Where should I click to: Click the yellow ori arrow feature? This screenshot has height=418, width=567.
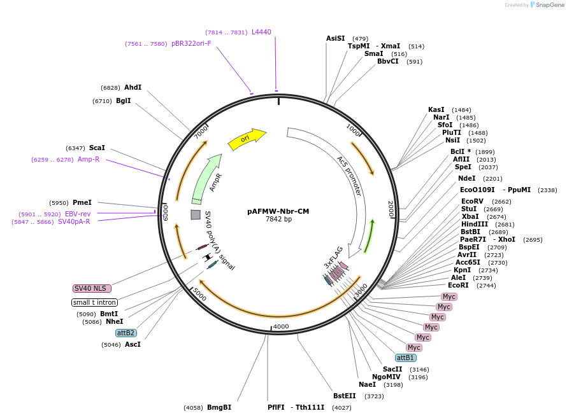click(x=247, y=139)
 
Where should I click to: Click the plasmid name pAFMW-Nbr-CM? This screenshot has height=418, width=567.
click(x=278, y=211)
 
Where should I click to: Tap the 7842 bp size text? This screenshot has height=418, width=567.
click(x=278, y=219)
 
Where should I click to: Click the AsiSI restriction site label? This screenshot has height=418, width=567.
click(x=335, y=38)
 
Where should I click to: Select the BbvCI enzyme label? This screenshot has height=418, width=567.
click(x=387, y=61)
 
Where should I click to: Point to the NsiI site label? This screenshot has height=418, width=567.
click(x=452, y=140)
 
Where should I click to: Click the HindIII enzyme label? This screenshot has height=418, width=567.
click(x=475, y=224)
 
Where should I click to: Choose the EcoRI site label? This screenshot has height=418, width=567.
click(x=458, y=285)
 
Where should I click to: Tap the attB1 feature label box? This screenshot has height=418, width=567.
click(x=406, y=358)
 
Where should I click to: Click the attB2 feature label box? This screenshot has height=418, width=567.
click(x=126, y=333)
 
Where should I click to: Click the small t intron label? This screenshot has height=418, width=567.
click(x=94, y=302)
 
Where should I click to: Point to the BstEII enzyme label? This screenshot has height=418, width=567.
click(x=345, y=396)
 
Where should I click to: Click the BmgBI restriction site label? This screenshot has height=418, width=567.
click(x=219, y=407)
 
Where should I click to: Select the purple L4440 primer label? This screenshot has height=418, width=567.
click(x=261, y=32)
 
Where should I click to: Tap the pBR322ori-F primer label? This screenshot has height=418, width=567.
click(x=191, y=43)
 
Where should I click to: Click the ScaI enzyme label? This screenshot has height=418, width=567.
click(x=97, y=148)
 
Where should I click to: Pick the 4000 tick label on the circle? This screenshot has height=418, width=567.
click(x=281, y=326)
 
